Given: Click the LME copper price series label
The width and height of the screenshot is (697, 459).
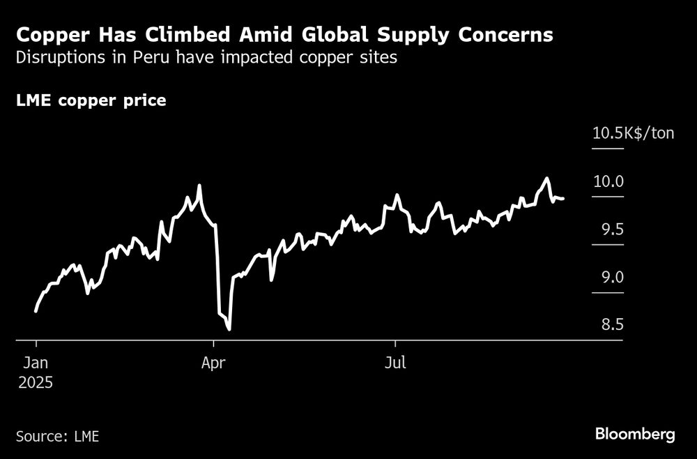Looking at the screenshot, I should (91, 100).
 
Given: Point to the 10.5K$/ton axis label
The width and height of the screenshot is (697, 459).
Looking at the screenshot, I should (633, 133).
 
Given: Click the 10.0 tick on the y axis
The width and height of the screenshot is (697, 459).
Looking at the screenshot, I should (608, 181).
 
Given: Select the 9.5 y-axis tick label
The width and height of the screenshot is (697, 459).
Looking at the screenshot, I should (608, 230).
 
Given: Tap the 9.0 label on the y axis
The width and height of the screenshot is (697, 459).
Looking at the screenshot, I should (608, 278).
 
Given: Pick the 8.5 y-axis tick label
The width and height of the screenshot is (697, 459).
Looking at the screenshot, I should (608, 325).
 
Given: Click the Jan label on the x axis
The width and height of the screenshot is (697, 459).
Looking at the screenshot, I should (35, 363).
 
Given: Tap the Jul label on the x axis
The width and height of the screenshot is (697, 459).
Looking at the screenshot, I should (395, 363).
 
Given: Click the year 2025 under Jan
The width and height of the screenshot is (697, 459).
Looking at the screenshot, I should (35, 382).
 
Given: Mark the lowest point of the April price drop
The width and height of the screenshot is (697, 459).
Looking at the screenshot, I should (229, 329).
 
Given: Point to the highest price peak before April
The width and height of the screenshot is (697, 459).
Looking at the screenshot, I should (200, 186).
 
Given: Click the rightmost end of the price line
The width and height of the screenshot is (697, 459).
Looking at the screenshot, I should (562, 199).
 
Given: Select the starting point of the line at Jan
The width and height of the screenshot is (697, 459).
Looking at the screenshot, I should (36, 311).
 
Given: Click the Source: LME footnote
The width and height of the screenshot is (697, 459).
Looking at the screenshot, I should (57, 437).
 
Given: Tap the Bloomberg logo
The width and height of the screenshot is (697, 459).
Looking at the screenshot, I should (635, 435).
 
